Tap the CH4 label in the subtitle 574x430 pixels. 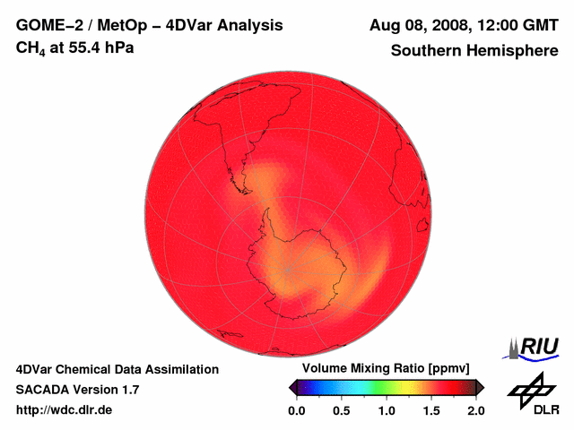click(28, 47)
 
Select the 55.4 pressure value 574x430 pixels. click(83, 47)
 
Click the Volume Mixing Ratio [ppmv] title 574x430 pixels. click(380, 368)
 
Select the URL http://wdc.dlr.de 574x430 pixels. click(65, 409)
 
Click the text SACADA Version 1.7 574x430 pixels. click(77, 389)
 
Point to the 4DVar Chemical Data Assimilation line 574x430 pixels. click(117, 368)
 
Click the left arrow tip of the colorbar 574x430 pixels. click(291, 387)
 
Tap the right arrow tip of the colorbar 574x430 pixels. click(482, 387)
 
